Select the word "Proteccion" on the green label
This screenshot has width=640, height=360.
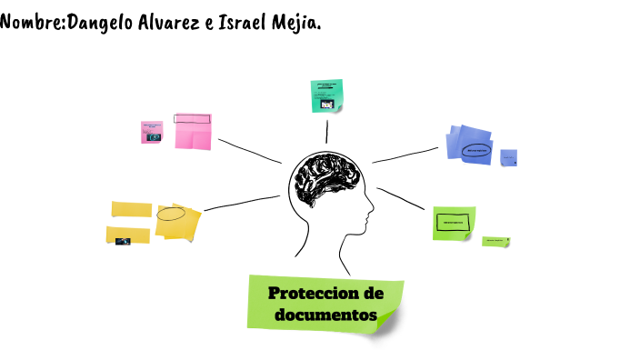(326, 293)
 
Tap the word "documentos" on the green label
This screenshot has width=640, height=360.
(325, 315)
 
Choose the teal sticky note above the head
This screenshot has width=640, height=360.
(326, 95)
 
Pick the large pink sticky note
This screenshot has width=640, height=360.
(193, 132)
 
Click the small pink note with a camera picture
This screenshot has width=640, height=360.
(151, 132)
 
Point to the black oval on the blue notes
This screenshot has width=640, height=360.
(475, 150)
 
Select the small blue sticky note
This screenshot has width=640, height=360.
(509, 157)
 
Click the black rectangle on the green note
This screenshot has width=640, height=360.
(453, 222)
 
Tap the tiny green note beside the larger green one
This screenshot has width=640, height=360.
(495, 241)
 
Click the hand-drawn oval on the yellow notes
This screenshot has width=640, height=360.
(171, 215)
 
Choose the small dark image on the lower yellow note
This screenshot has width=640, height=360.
(123, 241)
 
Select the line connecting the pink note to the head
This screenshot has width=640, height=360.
(250, 151)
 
